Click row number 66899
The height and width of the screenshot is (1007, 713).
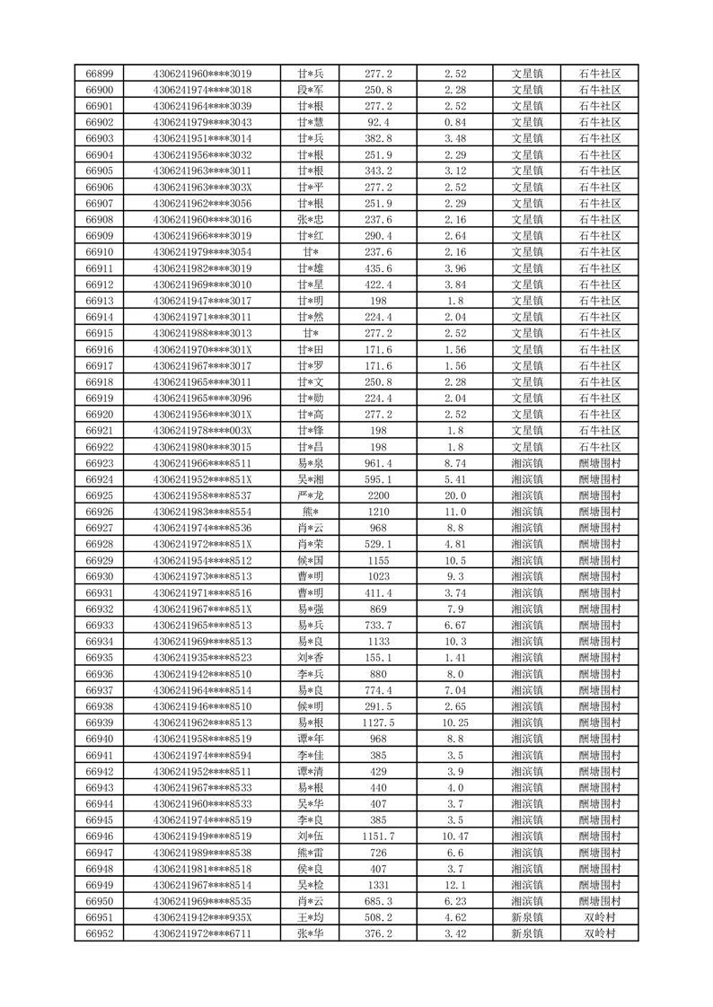click(99, 74)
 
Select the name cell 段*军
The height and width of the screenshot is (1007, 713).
click(311, 90)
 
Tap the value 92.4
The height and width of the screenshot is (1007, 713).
click(378, 122)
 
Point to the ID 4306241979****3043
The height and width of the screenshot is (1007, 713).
click(203, 122)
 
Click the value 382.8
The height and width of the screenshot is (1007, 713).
click(378, 138)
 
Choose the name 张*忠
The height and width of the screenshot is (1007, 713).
click(311, 220)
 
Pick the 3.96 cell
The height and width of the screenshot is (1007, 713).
click(455, 268)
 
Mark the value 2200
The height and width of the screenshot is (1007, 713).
click(378, 495)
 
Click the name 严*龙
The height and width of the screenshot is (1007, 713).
click(311, 495)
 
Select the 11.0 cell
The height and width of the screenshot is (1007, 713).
click(455, 512)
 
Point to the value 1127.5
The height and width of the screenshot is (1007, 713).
click(378, 722)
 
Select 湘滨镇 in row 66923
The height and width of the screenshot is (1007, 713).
click(527, 463)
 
